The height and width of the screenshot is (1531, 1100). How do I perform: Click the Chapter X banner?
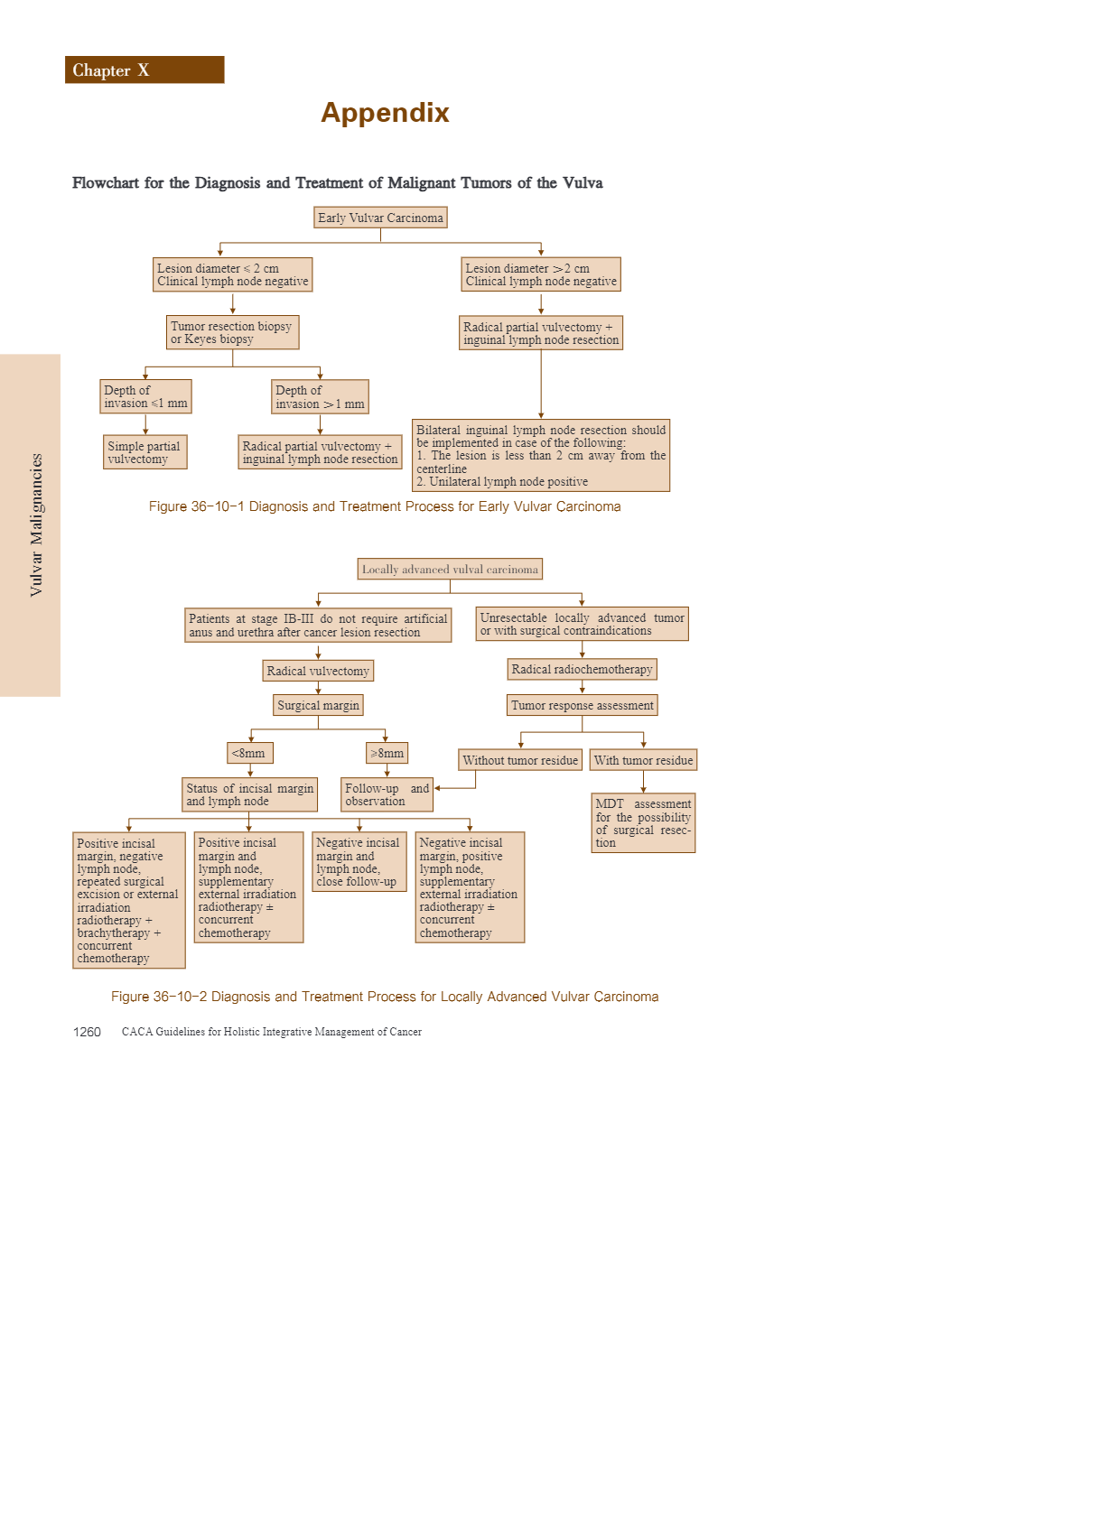point(144,70)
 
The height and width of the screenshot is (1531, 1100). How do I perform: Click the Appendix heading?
point(385,113)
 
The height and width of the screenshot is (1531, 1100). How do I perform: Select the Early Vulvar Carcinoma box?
point(380,218)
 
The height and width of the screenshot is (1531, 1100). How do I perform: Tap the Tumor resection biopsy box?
point(233,333)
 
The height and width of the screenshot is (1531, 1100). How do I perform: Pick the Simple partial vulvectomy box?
point(145,453)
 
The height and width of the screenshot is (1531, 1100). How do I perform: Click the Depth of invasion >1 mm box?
point(320,397)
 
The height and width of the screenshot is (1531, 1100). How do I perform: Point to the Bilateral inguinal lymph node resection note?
point(541,456)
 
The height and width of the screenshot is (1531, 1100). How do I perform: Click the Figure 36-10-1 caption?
point(385,506)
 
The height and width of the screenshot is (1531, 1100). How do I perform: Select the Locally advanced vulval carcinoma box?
point(450,570)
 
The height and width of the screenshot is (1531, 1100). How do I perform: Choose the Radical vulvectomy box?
point(318,671)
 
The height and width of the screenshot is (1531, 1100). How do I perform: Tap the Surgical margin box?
point(318,705)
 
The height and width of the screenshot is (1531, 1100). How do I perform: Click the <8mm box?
point(249,753)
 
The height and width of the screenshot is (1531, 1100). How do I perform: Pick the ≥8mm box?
point(387,753)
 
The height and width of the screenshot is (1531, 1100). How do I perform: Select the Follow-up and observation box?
point(387,795)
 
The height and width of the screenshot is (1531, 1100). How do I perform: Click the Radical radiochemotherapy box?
point(582,669)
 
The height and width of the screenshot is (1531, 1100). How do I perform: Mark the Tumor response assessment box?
point(583,705)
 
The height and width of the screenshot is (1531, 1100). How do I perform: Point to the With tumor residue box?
point(643,760)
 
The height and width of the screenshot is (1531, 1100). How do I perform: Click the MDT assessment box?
point(643,823)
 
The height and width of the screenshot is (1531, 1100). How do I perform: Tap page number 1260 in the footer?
point(87,1032)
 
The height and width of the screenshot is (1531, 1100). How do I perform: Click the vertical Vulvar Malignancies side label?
point(36,524)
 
